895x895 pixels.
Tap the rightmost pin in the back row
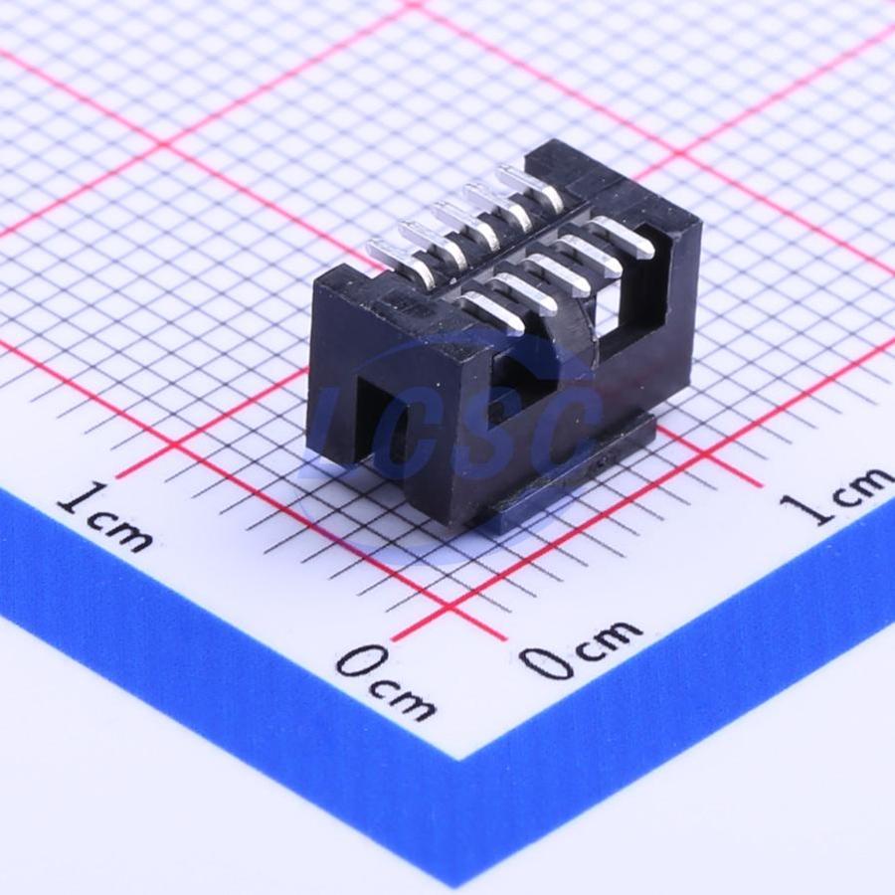click(531, 188)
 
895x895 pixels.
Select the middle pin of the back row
click(463, 226)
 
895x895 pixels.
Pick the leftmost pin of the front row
click(494, 312)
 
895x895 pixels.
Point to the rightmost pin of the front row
click(623, 237)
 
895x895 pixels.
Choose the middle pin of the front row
click(558, 274)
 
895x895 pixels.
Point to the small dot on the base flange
click(601, 462)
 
